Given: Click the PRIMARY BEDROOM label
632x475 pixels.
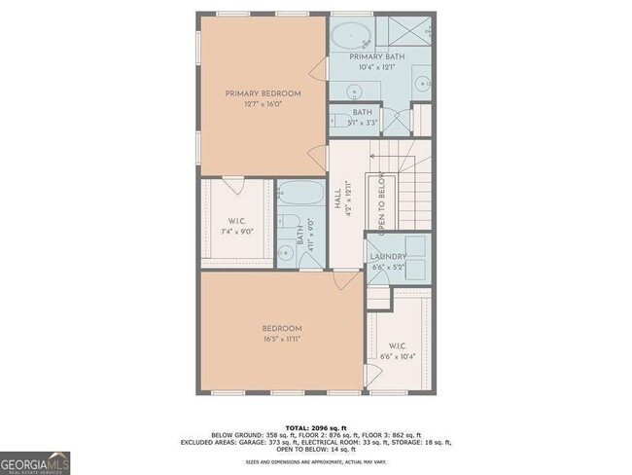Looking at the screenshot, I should [x=263, y=93].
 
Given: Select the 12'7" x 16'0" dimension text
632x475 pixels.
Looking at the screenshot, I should [x=263, y=105].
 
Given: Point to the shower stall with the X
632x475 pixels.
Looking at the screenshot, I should [x=416, y=31].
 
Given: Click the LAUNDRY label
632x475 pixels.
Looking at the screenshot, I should [x=389, y=257].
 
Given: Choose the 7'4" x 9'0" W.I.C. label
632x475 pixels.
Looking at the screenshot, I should [x=235, y=225].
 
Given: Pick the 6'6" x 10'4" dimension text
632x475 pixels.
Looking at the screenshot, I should [x=401, y=357].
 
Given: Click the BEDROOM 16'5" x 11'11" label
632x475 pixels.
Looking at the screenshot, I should [x=281, y=334].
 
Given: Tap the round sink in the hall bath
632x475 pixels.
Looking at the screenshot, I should [x=287, y=253].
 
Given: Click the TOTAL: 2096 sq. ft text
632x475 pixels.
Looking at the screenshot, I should [x=315, y=426].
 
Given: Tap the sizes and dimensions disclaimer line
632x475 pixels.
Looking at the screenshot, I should [x=315, y=463].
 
